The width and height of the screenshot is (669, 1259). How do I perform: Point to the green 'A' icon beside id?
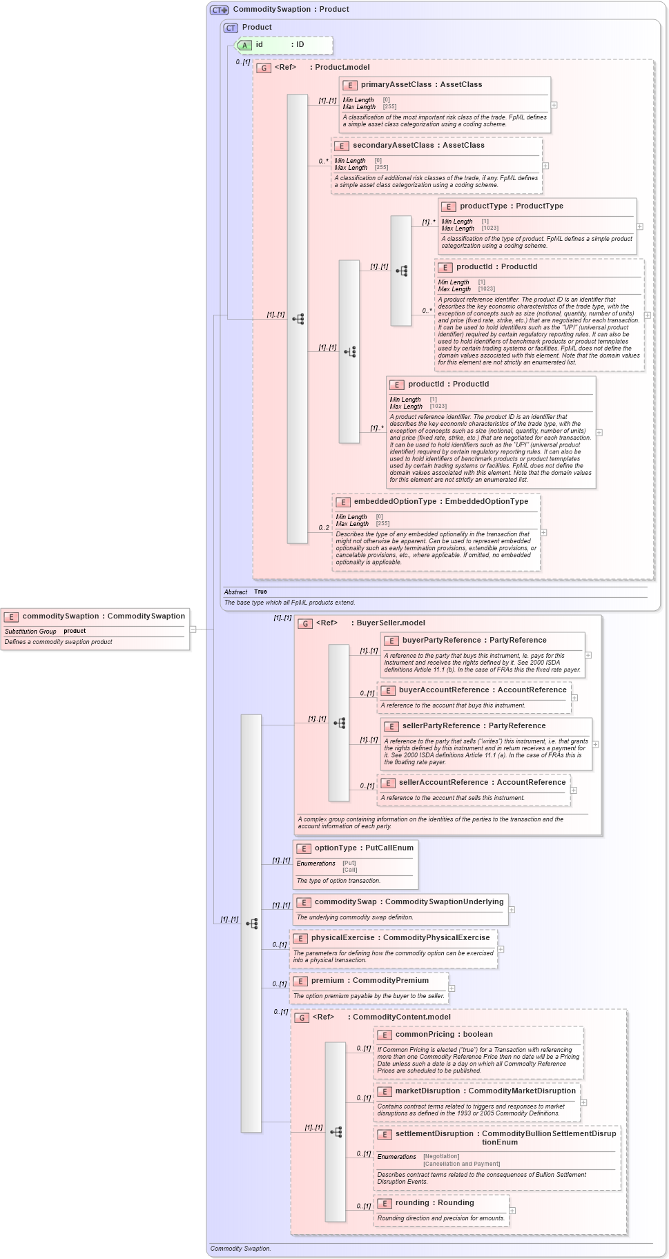tap(244, 45)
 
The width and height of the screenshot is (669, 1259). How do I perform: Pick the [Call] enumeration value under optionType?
tap(350, 870)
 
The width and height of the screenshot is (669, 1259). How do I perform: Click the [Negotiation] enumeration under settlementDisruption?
tap(440, 1156)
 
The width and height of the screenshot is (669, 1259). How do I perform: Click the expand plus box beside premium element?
tap(452, 988)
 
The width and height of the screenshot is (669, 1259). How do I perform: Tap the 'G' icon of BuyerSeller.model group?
tap(305, 623)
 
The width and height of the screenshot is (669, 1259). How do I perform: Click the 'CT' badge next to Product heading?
tap(231, 28)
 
